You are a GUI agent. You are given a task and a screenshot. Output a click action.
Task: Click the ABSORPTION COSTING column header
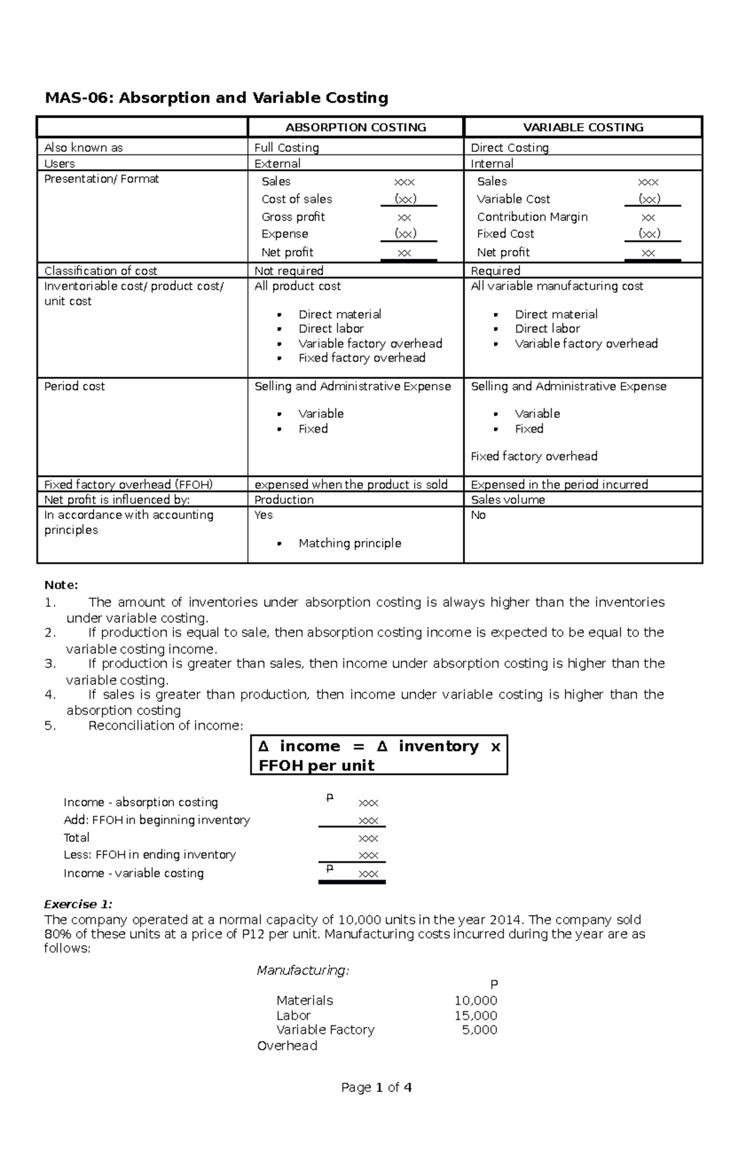pos(356,128)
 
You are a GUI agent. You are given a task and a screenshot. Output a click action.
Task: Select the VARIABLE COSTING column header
pos(583,128)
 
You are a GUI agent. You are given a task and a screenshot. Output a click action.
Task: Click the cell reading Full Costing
pos(287,148)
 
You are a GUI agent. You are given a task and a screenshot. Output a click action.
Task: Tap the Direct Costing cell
pos(510,148)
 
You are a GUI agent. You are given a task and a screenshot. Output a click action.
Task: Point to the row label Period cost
pos(74,386)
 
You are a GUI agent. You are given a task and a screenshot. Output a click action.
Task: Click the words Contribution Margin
pos(532,217)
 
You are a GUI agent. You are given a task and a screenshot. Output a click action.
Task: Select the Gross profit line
pos(293,217)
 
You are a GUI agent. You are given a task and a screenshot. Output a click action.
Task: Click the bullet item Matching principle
pos(349,544)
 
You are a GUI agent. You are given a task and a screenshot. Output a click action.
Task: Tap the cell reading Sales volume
pos(508,500)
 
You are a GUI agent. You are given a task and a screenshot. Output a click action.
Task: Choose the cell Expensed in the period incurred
pos(559,485)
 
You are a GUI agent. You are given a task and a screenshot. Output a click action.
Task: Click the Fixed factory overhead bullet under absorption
pos(362,358)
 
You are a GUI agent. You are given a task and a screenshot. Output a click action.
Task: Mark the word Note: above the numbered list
pos(61,585)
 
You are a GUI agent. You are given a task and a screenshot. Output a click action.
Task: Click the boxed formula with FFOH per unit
pos(379,755)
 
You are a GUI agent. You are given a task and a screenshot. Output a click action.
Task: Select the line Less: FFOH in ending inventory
pos(150,855)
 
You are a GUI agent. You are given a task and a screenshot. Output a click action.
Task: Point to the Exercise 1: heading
pos(78,904)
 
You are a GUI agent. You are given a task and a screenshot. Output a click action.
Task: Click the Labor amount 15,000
pos(476,1015)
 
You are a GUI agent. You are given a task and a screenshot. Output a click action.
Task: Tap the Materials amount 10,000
pos(476,1000)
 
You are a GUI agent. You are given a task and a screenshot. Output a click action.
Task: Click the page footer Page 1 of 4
pos(376,1088)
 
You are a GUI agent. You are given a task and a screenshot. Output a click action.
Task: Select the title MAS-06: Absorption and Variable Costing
pos(216,98)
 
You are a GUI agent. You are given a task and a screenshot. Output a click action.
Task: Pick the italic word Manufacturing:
pos(303,970)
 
